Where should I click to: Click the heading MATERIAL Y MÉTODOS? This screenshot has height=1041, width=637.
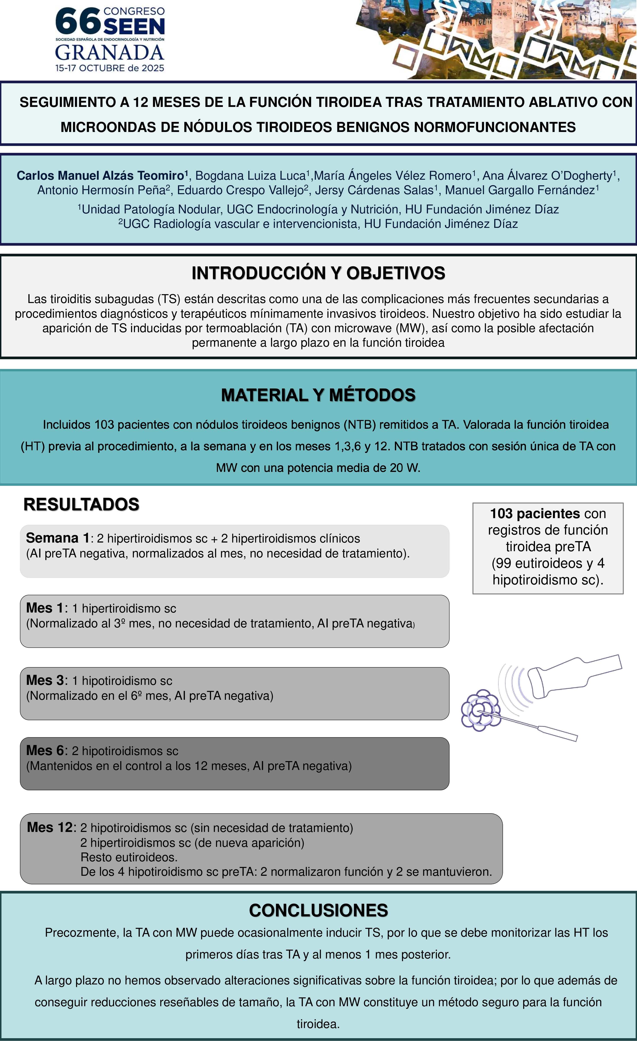[318, 395]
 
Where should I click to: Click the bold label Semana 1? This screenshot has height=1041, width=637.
[57, 538]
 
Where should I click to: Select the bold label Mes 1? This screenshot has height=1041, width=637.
[45, 608]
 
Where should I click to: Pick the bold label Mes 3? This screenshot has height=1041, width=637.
[45, 680]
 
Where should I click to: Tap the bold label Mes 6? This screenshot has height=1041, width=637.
[45, 750]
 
